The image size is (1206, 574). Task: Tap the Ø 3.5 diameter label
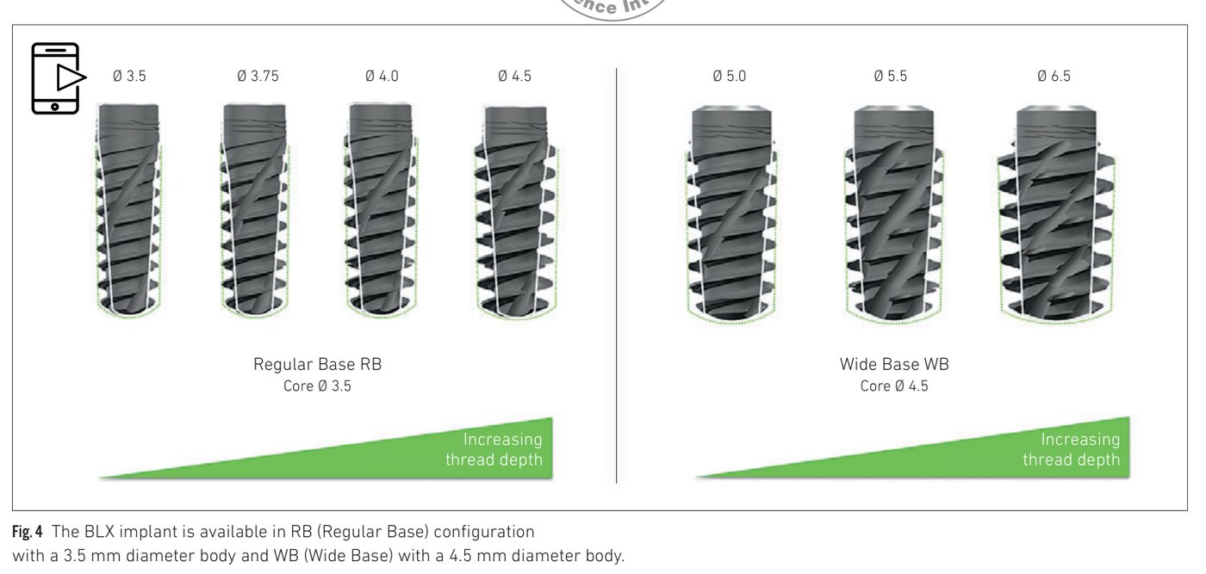[x=129, y=76]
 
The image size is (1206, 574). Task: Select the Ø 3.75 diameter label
[x=258, y=76]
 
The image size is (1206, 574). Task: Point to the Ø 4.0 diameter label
[x=382, y=76]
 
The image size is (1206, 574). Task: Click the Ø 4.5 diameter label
[x=514, y=76]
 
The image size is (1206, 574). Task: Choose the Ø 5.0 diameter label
[x=729, y=76]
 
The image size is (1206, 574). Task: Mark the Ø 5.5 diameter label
[x=890, y=76]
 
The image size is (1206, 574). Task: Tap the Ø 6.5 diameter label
[x=1054, y=76]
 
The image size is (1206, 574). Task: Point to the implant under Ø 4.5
[x=515, y=211]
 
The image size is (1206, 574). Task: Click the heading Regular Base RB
[x=317, y=364]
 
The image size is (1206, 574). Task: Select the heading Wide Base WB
[x=894, y=364]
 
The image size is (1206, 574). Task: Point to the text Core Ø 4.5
[x=894, y=386]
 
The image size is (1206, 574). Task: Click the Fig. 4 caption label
[x=27, y=532]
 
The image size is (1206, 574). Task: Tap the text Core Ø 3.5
[x=317, y=386]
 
